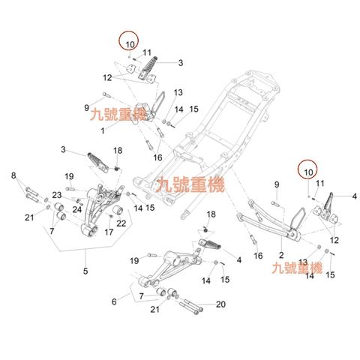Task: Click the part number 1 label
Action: (124, 130)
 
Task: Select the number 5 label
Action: (85, 271)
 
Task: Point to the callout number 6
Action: (115, 301)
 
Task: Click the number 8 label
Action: (13, 175)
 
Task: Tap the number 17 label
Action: (109, 232)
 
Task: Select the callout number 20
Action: (220, 304)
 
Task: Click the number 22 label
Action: (121, 223)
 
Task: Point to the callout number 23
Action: (56, 196)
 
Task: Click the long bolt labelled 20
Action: (191, 304)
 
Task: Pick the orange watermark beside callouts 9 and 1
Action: (112, 115)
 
